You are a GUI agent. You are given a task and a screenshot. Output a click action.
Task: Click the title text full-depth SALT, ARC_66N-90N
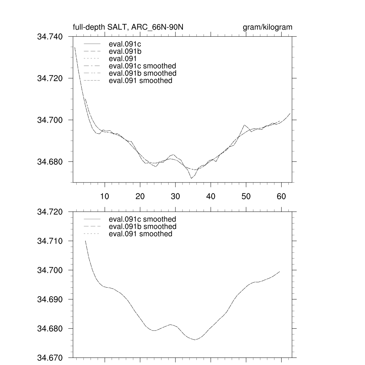128,27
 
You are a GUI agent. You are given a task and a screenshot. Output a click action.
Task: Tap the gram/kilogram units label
267,27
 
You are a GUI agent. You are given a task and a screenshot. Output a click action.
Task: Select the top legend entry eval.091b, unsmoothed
123,52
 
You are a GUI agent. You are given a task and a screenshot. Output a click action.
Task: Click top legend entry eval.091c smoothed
142,66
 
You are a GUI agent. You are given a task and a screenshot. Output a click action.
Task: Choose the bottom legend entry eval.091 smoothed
140,234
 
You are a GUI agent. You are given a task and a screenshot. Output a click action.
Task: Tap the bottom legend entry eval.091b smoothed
142,227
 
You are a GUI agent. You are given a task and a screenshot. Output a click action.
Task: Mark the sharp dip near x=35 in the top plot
191,178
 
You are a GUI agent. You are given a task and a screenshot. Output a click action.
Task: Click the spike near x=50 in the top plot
244,125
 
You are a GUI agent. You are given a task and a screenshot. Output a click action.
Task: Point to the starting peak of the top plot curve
75,47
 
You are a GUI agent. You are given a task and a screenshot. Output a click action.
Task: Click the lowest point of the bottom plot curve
195,340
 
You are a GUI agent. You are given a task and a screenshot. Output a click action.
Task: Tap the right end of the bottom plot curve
280,272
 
